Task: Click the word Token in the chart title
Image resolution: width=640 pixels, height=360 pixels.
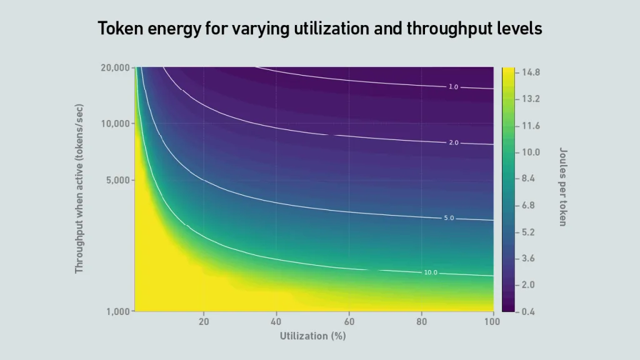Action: [x=120, y=29]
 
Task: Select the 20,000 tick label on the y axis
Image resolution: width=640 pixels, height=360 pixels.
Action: [x=115, y=67]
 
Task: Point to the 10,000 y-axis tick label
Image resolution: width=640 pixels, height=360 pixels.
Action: [x=115, y=124]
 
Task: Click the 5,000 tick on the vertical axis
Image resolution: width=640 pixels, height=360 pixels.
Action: [x=118, y=180]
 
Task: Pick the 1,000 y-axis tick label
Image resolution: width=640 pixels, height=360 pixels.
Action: [x=118, y=312]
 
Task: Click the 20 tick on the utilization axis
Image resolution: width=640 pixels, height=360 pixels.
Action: [x=204, y=322]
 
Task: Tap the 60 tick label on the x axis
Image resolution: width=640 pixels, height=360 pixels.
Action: [x=349, y=322]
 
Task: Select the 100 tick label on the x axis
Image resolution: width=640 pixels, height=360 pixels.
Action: [x=492, y=322]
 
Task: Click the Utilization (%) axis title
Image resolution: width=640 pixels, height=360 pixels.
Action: [x=313, y=336]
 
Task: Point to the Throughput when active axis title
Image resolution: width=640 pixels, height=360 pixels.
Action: [x=79, y=189]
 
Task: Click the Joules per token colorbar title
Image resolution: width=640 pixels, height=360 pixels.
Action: [x=563, y=187]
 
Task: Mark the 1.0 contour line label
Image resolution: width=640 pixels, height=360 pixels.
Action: [x=454, y=87]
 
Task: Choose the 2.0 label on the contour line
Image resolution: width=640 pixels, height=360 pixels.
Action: [x=454, y=143]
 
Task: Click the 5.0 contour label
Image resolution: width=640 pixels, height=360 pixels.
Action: [x=449, y=218]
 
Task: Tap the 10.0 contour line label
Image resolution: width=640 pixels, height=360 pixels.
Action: [x=431, y=272]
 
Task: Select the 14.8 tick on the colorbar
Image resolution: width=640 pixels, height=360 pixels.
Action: [x=531, y=72]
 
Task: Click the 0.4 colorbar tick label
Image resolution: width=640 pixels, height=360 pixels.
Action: [x=528, y=312]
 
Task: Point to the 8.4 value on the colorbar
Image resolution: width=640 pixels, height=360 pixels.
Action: [x=528, y=178]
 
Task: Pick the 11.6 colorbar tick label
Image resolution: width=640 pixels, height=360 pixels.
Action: [x=531, y=126]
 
